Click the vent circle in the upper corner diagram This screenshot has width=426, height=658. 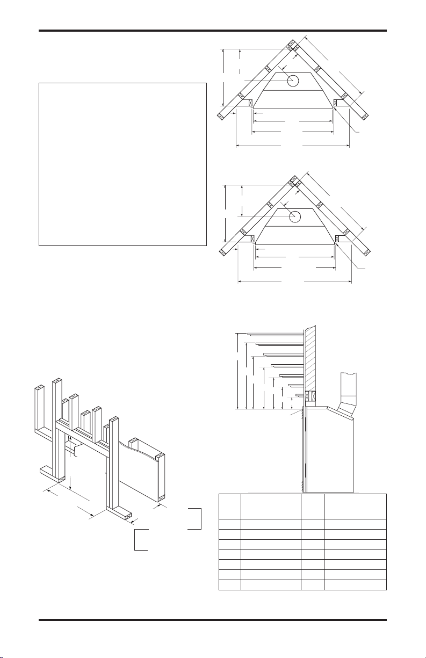point(293,81)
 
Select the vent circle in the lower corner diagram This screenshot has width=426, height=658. point(294,216)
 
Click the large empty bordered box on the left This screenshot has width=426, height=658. point(122,164)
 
